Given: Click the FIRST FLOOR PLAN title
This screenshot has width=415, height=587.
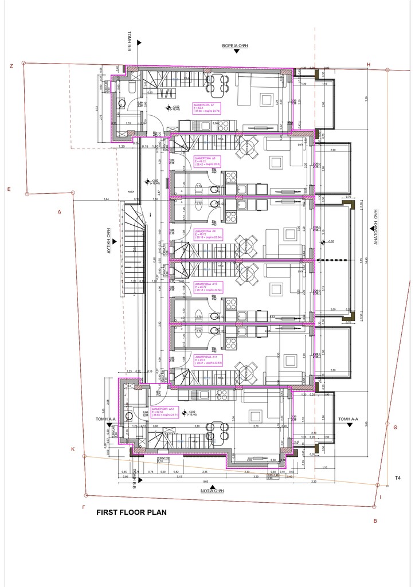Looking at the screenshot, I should coord(131,512).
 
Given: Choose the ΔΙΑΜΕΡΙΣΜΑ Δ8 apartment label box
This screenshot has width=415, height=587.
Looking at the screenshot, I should coord(208,163).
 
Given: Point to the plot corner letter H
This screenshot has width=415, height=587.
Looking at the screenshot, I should coord(369,64).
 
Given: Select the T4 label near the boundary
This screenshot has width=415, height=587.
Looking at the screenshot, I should coord(397,478).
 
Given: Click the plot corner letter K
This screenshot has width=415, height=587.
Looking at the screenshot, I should coord(73,449).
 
